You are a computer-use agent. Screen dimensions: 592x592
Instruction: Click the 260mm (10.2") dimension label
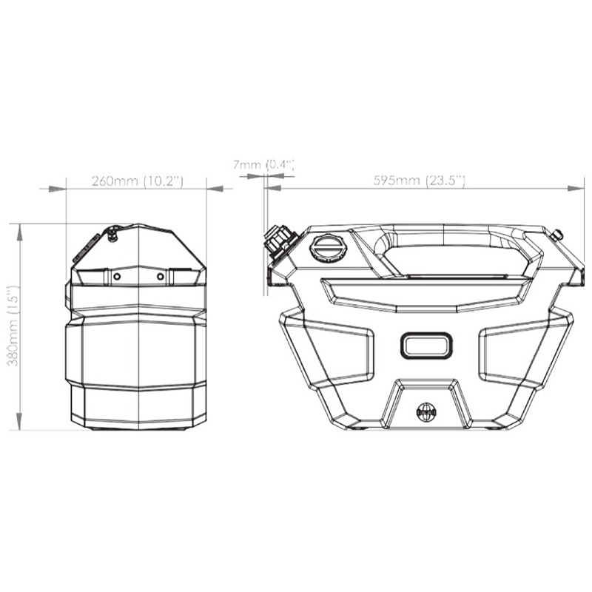(x=138, y=181)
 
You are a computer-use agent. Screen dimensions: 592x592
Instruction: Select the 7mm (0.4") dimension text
(x=263, y=165)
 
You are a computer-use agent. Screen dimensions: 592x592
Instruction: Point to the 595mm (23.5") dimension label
(x=419, y=181)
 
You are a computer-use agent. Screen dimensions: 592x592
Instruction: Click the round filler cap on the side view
(x=328, y=247)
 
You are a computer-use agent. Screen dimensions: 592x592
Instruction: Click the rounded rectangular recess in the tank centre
(x=425, y=345)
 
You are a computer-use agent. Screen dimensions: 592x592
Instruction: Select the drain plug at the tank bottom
(x=426, y=411)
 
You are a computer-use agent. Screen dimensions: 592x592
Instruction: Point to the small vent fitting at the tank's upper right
(x=556, y=236)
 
